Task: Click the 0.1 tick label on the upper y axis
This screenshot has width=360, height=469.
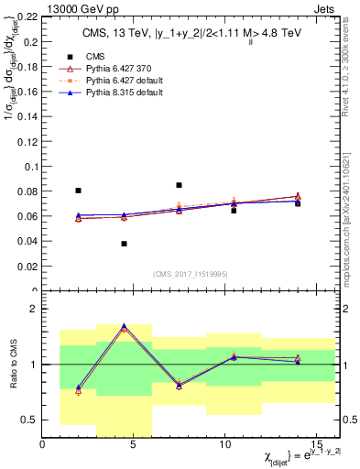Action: (x=30, y=167)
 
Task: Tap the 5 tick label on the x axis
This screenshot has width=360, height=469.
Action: (x=134, y=443)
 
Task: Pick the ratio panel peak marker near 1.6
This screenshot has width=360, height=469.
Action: (x=124, y=326)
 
